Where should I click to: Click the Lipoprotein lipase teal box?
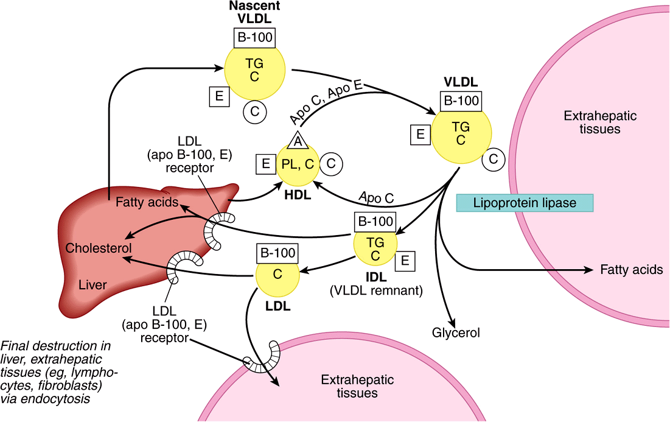(525, 203)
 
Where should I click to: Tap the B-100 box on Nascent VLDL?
(254, 38)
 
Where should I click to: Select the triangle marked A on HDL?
(298, 140)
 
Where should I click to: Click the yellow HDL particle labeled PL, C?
(298, 164)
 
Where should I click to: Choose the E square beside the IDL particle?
(405, 262)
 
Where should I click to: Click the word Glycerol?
(456, 333)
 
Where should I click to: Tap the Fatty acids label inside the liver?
(147, 202)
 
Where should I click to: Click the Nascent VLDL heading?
(254, 12)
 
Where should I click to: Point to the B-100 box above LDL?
(277, 252)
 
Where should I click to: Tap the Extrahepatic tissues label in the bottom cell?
(358, 387)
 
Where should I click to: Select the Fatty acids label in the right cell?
(631, 269)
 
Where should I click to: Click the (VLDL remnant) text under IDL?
(375, 291)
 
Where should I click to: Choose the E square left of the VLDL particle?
(419, 135)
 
